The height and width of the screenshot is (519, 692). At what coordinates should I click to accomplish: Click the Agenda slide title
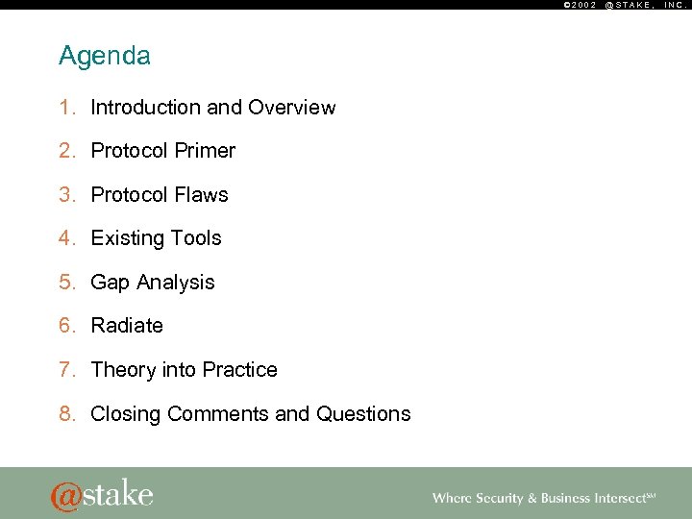105,57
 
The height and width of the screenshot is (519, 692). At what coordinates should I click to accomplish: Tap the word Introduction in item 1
145,108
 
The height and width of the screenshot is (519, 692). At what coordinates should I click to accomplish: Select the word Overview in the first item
292,108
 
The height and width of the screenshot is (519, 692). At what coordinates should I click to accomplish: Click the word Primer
204,151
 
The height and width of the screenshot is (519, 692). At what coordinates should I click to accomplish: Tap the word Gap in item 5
111,283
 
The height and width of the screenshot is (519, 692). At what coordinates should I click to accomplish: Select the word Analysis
176,283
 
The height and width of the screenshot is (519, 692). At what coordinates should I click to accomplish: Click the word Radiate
127,326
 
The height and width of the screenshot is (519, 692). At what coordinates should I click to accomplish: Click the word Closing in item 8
126,414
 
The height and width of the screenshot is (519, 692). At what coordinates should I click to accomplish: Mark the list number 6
65,326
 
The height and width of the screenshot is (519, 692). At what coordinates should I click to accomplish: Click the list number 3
65,195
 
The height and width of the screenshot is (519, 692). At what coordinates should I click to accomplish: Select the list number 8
65,414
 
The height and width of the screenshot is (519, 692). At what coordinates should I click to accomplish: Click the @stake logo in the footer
102,495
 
